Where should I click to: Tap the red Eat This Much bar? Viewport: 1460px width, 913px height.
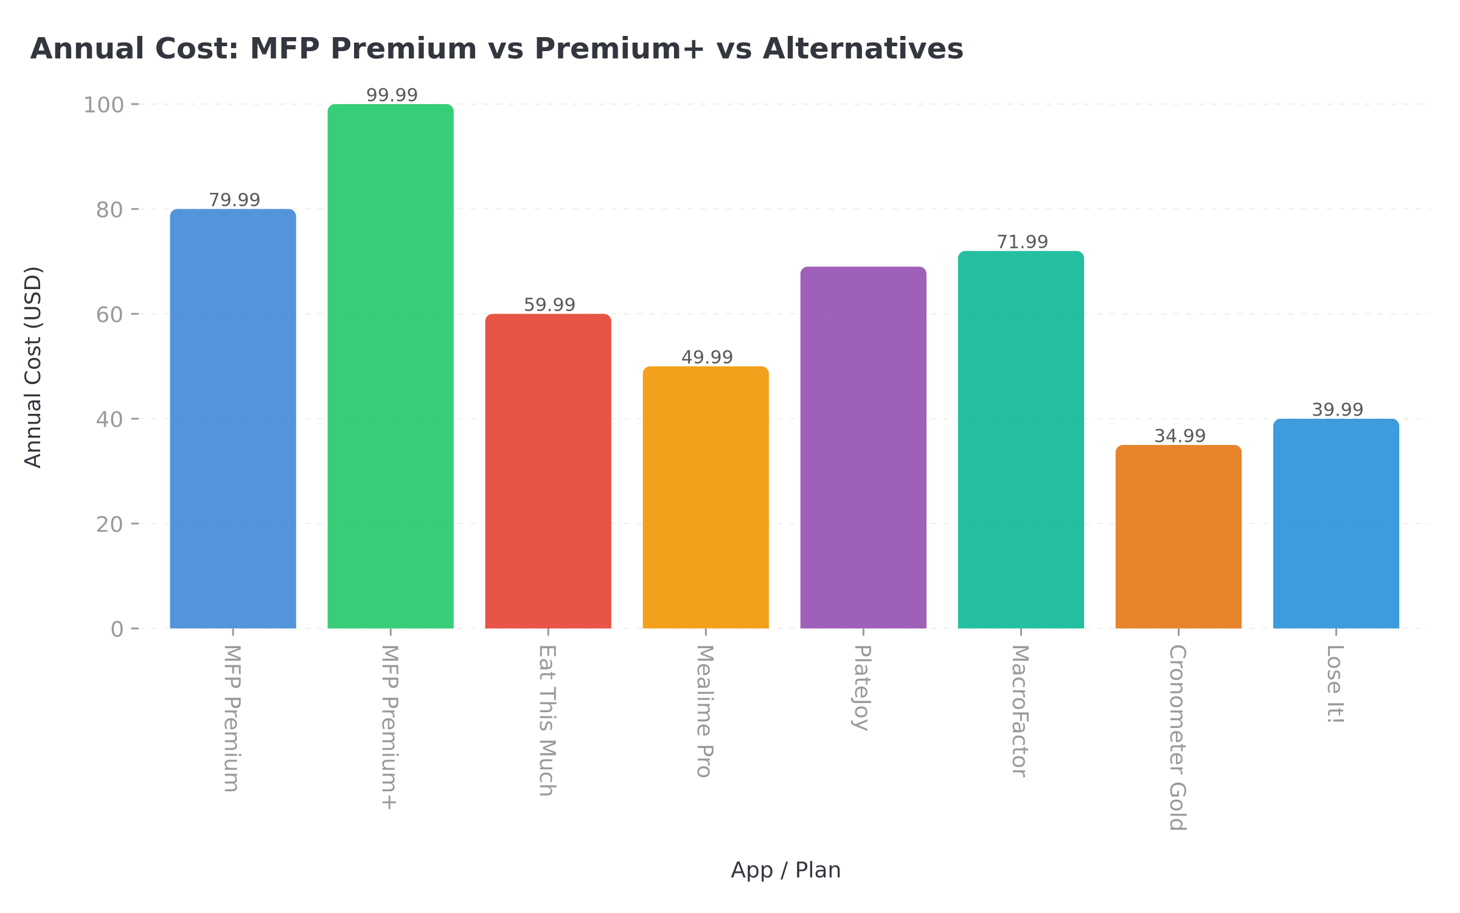548,471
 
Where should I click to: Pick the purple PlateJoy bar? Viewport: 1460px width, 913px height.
863,447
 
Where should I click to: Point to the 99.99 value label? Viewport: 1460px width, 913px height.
392,95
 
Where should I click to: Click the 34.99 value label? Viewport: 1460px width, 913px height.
1180,436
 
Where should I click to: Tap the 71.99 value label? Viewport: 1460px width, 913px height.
1022,242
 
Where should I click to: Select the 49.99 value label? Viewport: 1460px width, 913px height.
707,357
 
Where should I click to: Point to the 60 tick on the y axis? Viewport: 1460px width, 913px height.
109,315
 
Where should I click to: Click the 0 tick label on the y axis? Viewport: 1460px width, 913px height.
117,629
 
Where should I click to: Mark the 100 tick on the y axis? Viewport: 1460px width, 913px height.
103,105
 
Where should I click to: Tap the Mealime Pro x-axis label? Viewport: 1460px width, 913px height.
704,711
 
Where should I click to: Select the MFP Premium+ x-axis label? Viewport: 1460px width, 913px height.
389,727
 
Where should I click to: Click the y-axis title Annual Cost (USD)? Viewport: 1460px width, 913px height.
33,367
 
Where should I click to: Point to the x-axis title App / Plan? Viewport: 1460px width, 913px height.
785,870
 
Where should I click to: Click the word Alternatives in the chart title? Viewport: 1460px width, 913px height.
863,49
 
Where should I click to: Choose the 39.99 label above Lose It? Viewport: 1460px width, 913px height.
1337,410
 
